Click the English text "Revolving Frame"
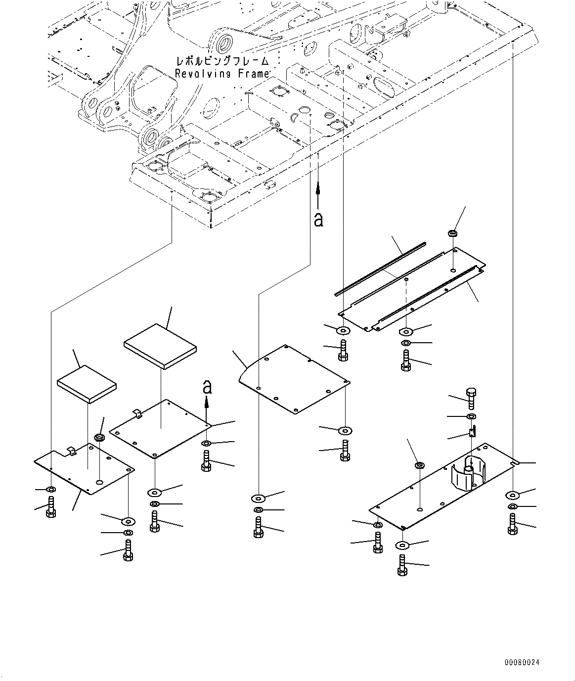pos(222,74)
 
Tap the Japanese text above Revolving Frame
pos(222,62)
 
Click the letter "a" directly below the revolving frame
pos(318,219)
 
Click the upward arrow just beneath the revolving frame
pos(318,193)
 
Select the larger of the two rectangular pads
pos(160,346)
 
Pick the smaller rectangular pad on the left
pos(87,384)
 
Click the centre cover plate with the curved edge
pos(295,378)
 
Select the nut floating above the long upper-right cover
pos(453,233)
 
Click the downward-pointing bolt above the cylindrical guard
pos(470,397)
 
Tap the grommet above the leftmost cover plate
pos(99,438)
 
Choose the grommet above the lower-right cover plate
pos(419,465)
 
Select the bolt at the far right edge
pos(512,524)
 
